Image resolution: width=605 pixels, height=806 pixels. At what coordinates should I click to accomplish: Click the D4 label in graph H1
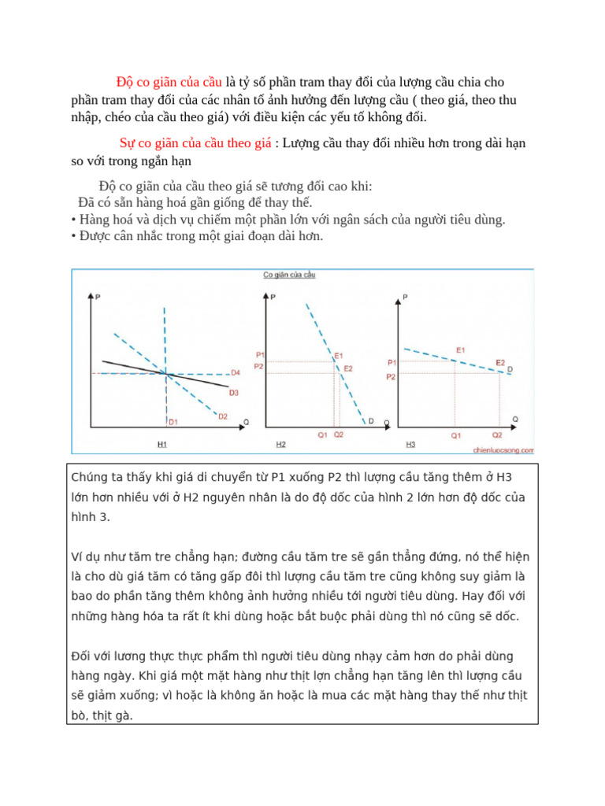[235, 372]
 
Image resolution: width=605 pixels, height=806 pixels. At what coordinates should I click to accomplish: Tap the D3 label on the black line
[233, 392]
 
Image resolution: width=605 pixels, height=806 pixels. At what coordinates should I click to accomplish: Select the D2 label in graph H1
[223, 416]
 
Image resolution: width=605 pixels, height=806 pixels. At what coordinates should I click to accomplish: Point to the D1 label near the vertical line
[173, 422]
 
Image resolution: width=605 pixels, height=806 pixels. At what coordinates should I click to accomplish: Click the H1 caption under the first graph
[161, 445]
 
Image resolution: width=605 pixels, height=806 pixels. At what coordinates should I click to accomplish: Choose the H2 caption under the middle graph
[281, 445]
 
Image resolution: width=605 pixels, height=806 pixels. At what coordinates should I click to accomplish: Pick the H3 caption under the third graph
[410, 445]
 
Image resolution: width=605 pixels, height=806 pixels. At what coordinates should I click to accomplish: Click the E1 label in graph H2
[339, 356]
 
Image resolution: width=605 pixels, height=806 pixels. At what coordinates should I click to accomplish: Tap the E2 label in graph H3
[500, 362]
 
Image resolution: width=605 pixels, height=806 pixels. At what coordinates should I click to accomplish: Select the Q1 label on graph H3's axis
[455, 434]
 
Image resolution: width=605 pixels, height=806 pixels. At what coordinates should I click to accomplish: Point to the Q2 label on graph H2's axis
[339, 434]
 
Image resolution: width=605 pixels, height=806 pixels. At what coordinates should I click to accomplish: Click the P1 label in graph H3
[392, 363]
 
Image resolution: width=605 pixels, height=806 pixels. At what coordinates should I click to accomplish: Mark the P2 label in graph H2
[259, 367]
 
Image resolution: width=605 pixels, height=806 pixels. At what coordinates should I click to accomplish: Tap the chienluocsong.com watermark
[503, 450]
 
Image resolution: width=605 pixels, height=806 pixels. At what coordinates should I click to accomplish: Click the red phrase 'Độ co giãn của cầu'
[169, 82]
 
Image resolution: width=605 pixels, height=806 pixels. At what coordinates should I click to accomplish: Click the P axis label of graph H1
[98, 297]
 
